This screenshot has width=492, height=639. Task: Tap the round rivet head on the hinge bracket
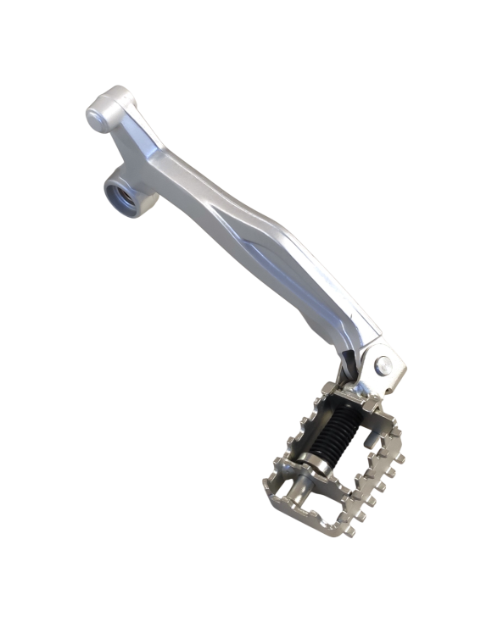point(383,365)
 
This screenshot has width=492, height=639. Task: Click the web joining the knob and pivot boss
point(127,148)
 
